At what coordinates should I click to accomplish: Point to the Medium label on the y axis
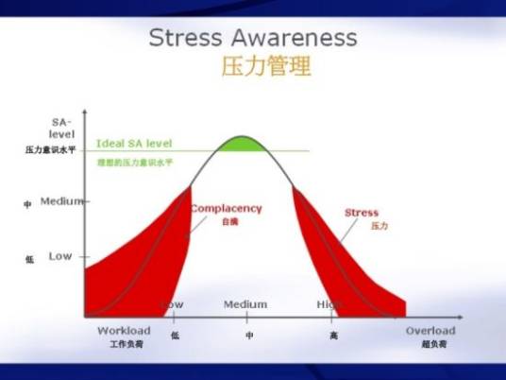62,201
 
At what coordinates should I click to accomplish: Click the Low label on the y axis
60,256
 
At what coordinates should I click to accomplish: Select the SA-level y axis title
61,129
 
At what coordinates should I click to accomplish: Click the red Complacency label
227,209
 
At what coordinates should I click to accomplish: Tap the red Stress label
362,213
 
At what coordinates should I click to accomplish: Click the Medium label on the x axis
245,304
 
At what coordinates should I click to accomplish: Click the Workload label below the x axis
125,331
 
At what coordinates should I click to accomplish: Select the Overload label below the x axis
430,331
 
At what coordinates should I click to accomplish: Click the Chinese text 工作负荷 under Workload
125,345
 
